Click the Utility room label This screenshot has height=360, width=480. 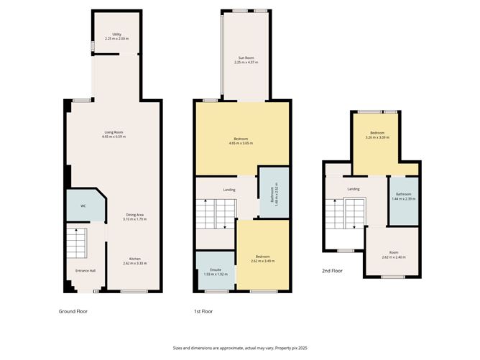pos(116,34)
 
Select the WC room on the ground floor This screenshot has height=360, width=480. pos(83,206)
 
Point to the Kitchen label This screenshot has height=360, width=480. pos(134,259)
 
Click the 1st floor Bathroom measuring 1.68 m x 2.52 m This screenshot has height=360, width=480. pos(274,193)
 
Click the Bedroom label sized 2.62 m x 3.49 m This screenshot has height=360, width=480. pos(262,258)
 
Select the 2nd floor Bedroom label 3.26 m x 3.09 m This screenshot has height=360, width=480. pos(378,134)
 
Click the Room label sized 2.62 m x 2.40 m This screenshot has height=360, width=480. pos(394,254)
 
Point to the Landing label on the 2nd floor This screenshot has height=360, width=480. pos(353,189)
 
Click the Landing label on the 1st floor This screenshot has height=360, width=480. pos(229,190)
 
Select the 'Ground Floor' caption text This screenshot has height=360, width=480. pos(73,311)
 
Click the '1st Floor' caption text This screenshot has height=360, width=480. pos(204,311)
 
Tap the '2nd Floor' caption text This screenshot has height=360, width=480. pos(331,270)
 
